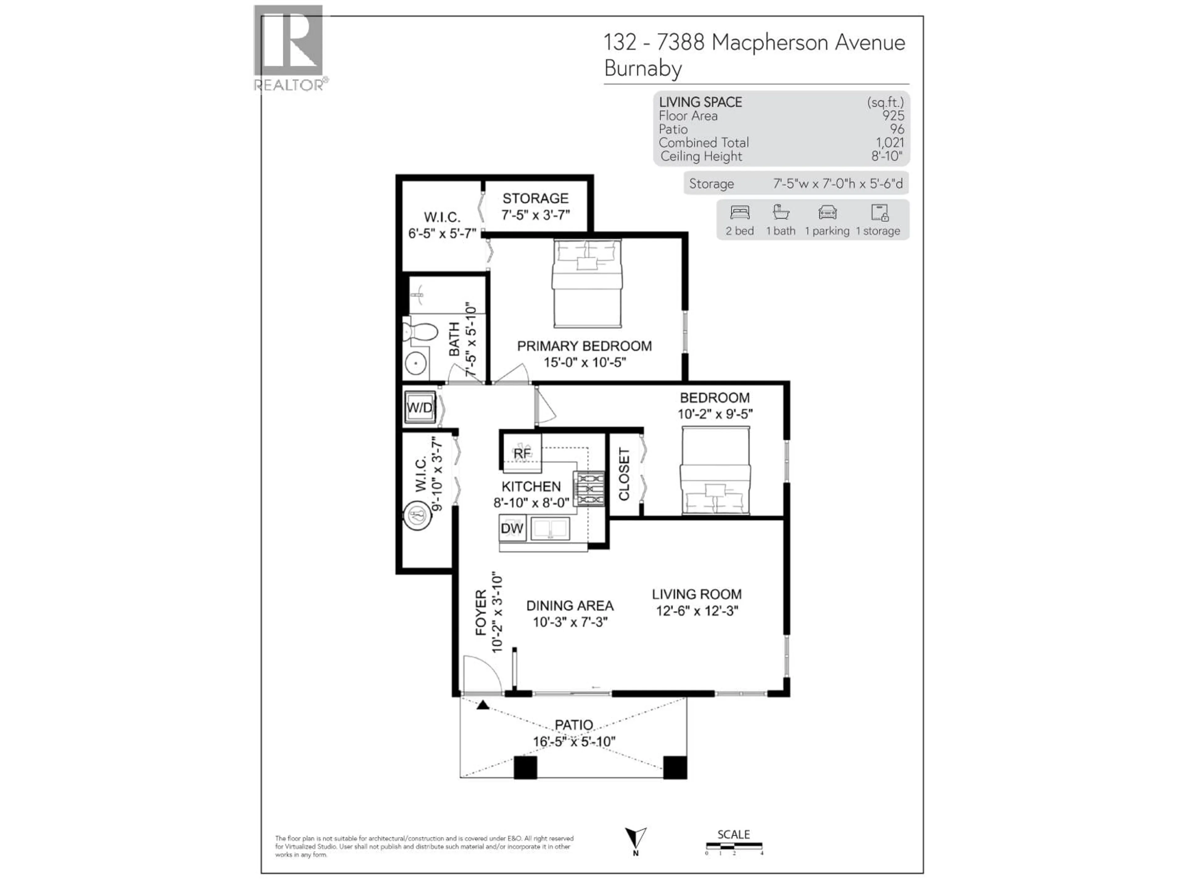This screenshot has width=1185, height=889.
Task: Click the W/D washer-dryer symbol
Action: click(x=419, y=407)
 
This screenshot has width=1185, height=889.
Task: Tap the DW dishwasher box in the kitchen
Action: click(x=512, y=528)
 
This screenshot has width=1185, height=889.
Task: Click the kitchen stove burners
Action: click(x=589, y=489)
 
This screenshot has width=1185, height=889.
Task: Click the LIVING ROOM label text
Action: click(x=696, y=594)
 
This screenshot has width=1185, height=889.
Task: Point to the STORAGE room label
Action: click(x=535, y=198)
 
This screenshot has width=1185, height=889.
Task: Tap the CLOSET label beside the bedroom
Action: click(x=624, y=474)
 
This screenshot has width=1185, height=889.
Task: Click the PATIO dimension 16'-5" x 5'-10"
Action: click(x=574, y=742)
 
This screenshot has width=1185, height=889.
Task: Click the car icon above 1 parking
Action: click(x=827, y=213)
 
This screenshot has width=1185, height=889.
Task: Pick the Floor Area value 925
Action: click(x=893, y=116)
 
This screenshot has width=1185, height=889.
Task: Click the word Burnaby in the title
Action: click(x=643, y=69)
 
